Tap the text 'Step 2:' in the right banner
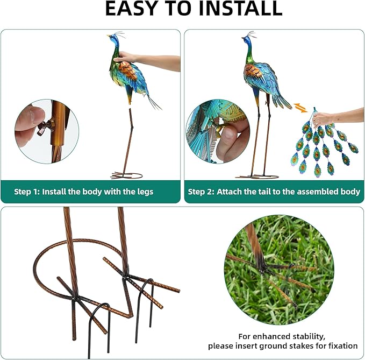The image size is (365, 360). point(202,192)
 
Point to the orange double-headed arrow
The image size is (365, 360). point(300,107)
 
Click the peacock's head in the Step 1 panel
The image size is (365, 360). point(113,38)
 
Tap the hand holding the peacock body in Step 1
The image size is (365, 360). point(127,57)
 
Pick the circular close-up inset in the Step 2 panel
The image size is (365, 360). point(217,131)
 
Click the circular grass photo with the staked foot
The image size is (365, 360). point(278,271)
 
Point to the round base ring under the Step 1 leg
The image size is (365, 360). point(127,175)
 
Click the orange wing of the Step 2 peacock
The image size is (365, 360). point(253,70)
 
